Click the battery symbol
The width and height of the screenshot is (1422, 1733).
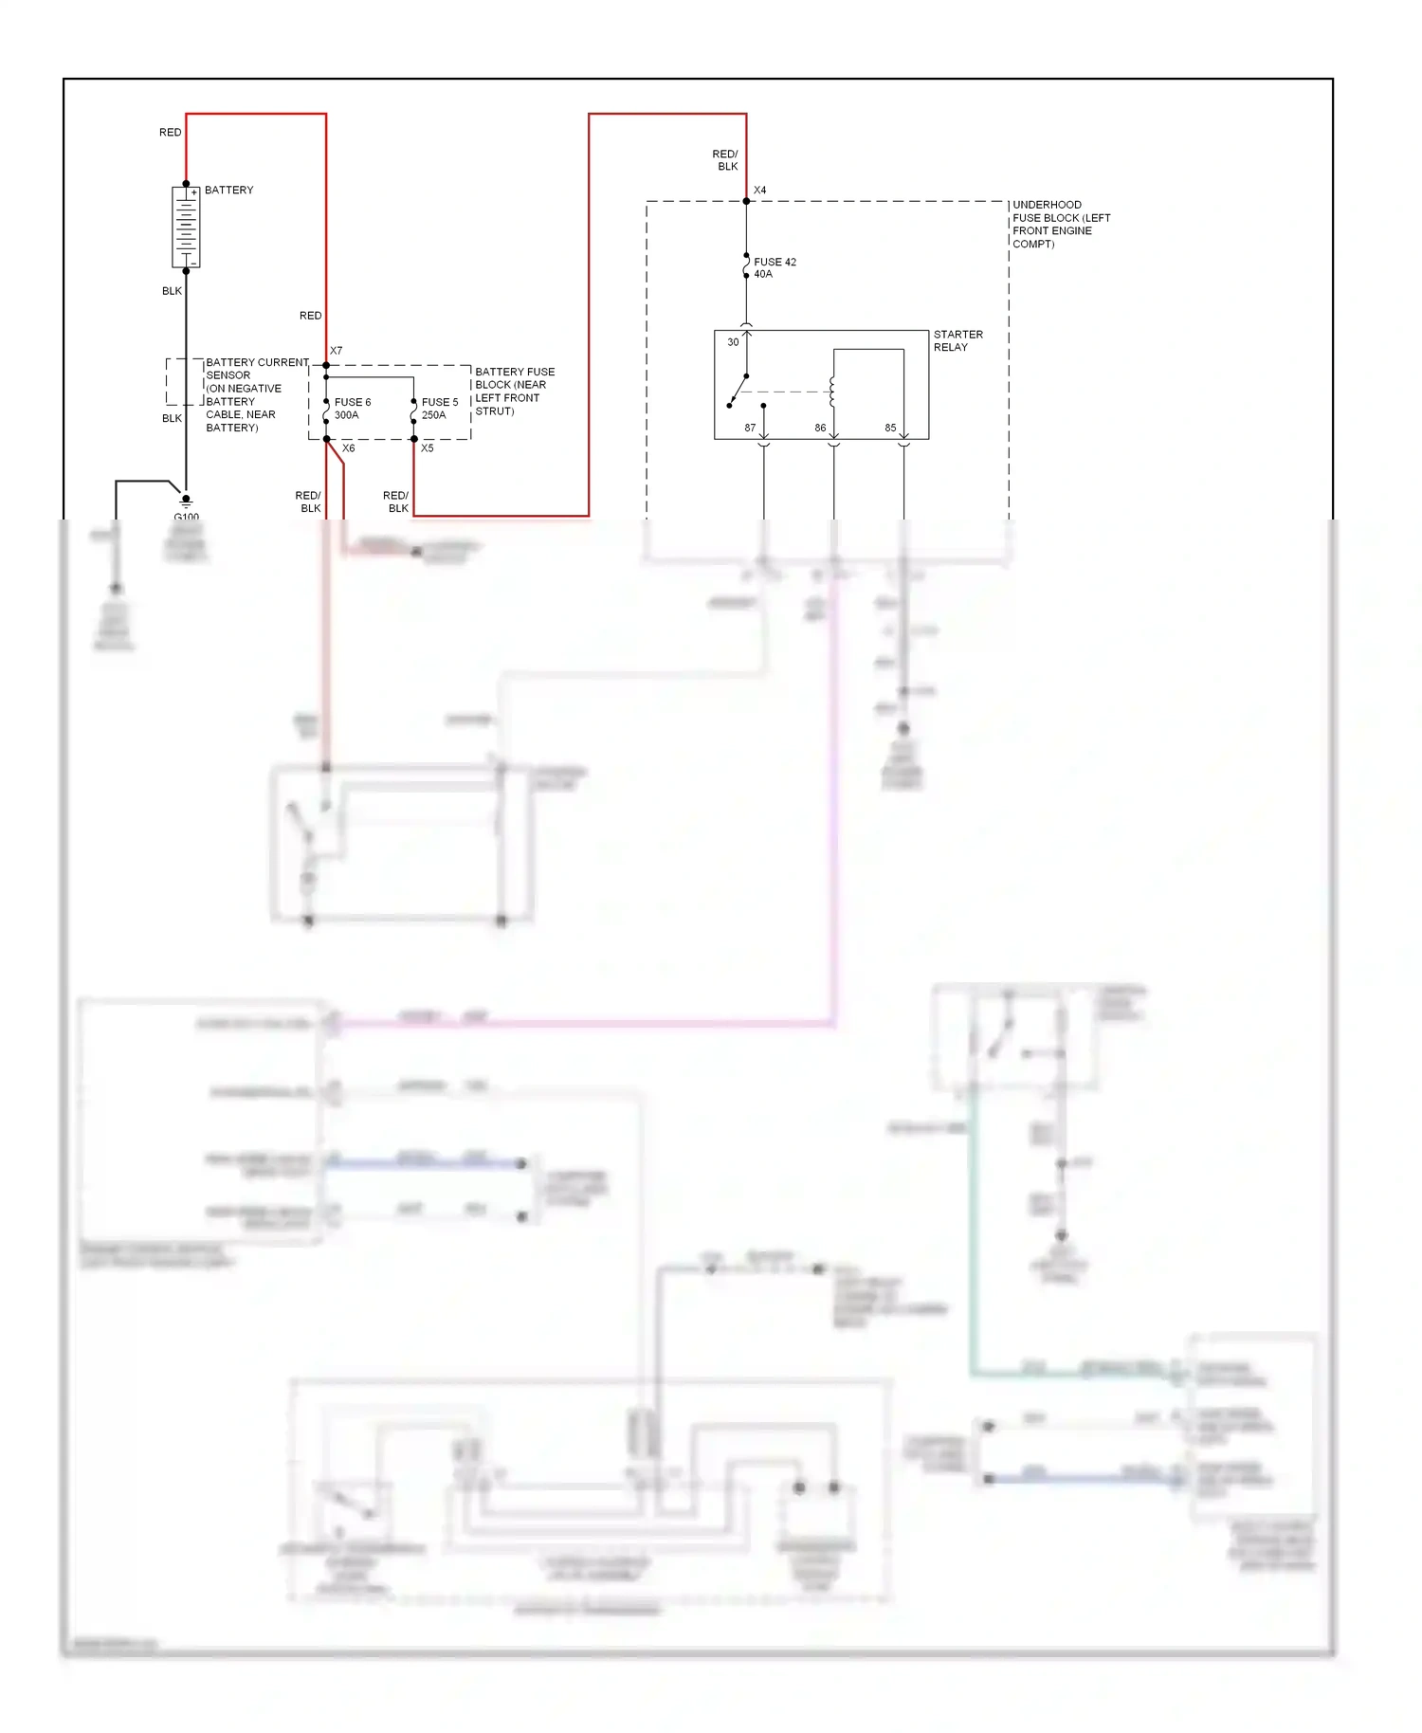click(186, 228)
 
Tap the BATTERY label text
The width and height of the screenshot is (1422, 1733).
click(229, 191)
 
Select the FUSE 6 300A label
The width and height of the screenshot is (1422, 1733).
click(352, 409)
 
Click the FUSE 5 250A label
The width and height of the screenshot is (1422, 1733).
click(439, 409)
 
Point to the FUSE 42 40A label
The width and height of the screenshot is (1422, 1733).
click(775, 268)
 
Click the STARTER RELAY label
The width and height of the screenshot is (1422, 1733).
click(957, 341)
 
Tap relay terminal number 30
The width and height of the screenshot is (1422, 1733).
click(733, 342)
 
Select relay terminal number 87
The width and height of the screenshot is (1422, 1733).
click(750, 429)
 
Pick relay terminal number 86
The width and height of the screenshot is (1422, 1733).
click(820, 429)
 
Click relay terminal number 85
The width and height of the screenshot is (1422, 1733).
click(890, 429)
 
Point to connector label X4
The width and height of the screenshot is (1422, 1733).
click(760, 191)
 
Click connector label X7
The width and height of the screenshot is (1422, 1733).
click(337, 351)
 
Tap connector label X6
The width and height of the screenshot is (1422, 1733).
click(349, 448)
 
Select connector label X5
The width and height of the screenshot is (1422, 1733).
click(428, 448)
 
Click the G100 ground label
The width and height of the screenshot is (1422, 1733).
click(187, 517)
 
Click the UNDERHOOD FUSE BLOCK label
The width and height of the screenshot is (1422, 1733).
click(1061, 225)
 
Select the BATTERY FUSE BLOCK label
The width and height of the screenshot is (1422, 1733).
click(515, 392)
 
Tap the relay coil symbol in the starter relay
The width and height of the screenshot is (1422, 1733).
click(831, 392)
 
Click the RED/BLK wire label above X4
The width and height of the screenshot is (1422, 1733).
click(725, 160)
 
